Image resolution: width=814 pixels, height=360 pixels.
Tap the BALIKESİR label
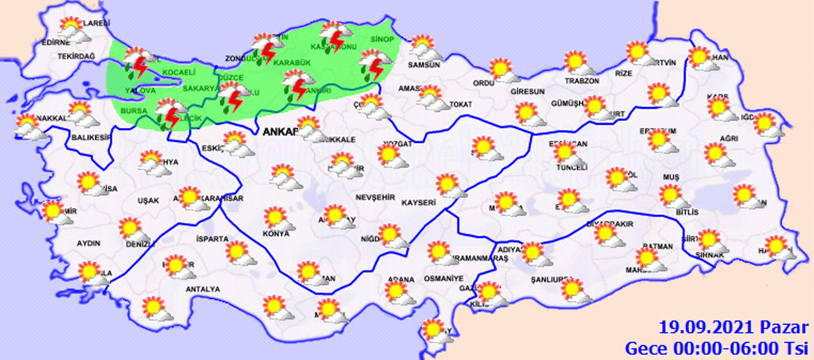click(x=89, y=137)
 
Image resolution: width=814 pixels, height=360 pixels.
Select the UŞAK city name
click(x=148, y=200)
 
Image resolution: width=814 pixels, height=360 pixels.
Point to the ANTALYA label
click(x=202, y=289)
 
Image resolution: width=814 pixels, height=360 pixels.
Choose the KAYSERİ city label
click(x=418, y=203)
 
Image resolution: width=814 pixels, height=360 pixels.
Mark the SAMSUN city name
click(x=424, y=65)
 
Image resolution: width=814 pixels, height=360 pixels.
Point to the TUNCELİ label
click(x=572, y=167)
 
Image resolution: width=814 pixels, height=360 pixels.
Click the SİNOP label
click(x=383, y=40)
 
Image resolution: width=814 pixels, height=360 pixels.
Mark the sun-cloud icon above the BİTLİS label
click(x=673, y=196)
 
